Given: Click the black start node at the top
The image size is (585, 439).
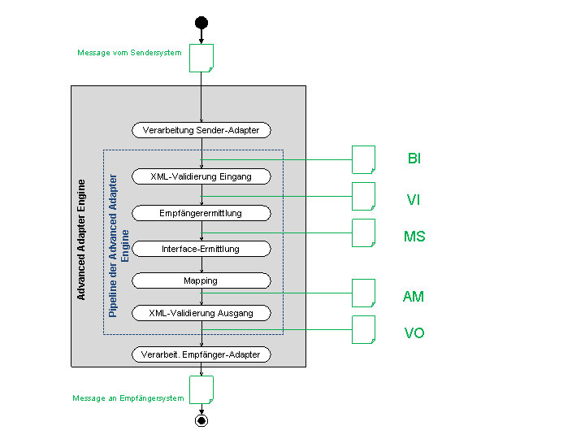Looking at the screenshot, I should (201, 22).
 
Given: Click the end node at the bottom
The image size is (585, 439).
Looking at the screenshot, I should (201, 420).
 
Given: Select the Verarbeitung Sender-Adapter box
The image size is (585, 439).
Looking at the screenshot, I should (201, 130).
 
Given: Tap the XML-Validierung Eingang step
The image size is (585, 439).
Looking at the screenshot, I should (201, 176).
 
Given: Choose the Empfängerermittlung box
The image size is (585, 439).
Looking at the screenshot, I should (201, 213).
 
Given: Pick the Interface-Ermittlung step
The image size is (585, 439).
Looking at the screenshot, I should (201, 249).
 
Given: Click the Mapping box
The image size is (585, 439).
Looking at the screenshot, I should (201, 280).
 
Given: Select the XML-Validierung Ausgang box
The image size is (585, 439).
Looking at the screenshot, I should (201, 313).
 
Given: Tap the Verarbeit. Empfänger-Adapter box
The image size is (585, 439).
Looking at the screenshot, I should (201, 354).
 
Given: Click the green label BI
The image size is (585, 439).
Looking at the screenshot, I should (414, 159).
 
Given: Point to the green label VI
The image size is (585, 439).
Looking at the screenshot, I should (414, 199).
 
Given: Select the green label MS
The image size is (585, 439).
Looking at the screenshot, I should (414, 237).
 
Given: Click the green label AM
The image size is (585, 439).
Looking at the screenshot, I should (414, 297).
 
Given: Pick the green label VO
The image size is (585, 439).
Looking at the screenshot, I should (414, 333).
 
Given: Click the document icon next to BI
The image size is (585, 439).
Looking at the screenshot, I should (363, 159).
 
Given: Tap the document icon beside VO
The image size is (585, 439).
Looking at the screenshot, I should (363, 329).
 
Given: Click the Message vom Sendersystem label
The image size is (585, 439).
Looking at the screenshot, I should (129, 53).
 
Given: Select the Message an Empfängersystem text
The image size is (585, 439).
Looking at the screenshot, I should (128, 398).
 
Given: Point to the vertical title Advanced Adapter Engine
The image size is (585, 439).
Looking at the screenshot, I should (81, 240).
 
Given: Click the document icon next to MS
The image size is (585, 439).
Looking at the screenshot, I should (363, 233).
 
